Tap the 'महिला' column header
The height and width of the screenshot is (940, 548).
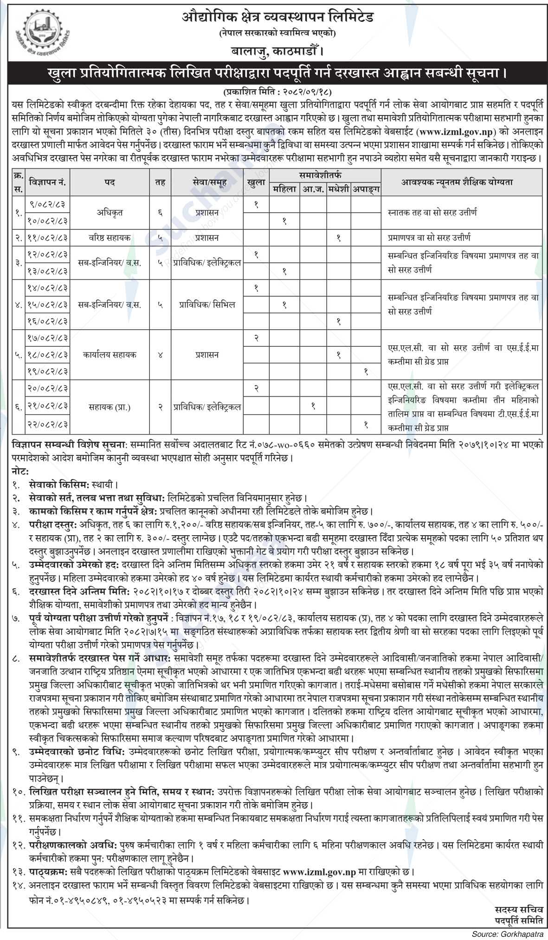coord(284,189)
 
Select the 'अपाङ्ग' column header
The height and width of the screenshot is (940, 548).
coord(366,189)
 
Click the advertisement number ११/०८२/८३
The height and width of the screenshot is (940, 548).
coord(49,238)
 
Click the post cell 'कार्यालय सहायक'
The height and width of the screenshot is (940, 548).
coord(110,355)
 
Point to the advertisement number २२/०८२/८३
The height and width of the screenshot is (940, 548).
coord(49,424)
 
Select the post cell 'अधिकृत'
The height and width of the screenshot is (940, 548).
coord(110,213)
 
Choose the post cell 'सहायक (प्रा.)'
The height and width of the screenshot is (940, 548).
coord(110,408)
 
